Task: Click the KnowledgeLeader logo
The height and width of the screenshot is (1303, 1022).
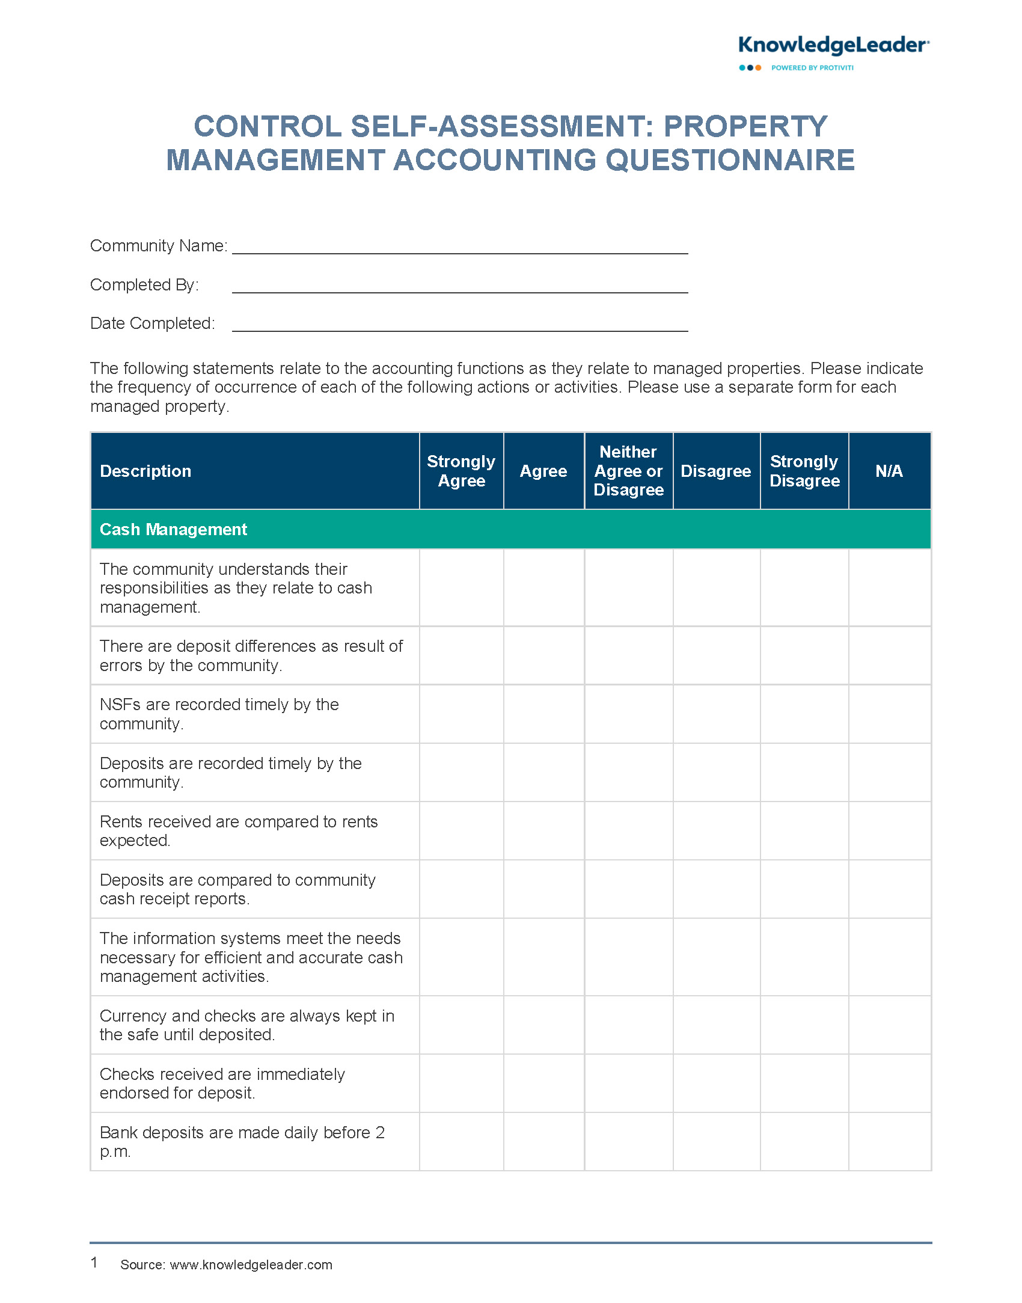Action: (833, 46)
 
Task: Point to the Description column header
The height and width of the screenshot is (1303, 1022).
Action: (145, 471)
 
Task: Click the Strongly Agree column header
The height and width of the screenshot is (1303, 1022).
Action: (461, 471)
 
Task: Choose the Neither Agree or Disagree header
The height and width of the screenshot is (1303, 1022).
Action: (628, 471)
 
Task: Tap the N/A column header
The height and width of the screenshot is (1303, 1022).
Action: (889, 471)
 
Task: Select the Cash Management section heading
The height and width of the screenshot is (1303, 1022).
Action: (173, 529)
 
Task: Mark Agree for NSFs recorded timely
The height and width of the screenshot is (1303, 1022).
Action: (543, 714)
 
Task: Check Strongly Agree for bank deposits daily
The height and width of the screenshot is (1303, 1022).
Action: (461, 1141)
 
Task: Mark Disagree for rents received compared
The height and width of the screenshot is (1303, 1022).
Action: (716, 830)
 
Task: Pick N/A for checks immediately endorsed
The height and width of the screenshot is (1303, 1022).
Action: (889, 1083)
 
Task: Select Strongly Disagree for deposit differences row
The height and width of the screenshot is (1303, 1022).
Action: (804, 655)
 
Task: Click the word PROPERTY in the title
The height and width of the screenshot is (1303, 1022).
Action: (745, 127)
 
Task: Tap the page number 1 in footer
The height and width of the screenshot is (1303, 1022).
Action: (94, 1262)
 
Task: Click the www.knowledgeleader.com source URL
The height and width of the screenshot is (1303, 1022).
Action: (251, 1265)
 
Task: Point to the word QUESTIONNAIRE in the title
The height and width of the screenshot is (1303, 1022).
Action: (730, 161)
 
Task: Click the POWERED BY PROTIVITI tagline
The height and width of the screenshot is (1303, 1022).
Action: (812, 68)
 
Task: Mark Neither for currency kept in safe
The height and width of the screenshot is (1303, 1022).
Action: (628, 1025)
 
